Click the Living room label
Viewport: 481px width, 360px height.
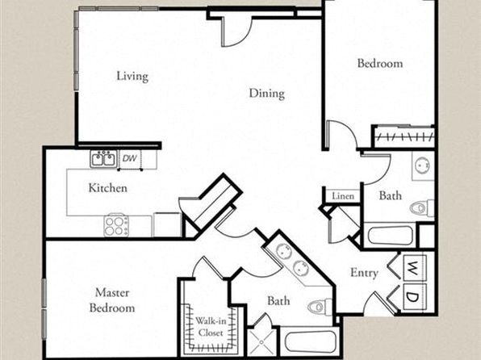(132, 76)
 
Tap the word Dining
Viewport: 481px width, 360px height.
(266, 94)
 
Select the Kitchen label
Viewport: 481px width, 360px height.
(107, 188)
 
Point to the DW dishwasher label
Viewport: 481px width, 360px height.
(129, 158)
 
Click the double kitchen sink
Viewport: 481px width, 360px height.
(103, 159)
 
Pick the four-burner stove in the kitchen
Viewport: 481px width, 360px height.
(116, 226)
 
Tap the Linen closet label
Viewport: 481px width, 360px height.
(343, 196)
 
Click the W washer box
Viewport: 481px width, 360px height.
(414, 268)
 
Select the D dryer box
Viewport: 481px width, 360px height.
(414, 297)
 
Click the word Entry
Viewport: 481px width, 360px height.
(364, 273)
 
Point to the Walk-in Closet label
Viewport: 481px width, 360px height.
(211, 327)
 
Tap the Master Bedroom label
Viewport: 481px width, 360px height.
(112, 300)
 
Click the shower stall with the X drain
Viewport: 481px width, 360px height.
(261, 341)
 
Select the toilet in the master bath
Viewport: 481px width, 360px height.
(320, 307)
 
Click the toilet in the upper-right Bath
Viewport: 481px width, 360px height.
(422, 207)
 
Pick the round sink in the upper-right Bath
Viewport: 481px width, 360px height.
(423, 165)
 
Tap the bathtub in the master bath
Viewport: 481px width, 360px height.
(311, 341)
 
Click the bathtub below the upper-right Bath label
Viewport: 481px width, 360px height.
(390, 236)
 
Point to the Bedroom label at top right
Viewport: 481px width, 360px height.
(380, 63)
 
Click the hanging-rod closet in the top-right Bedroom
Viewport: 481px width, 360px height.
(404, 136)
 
